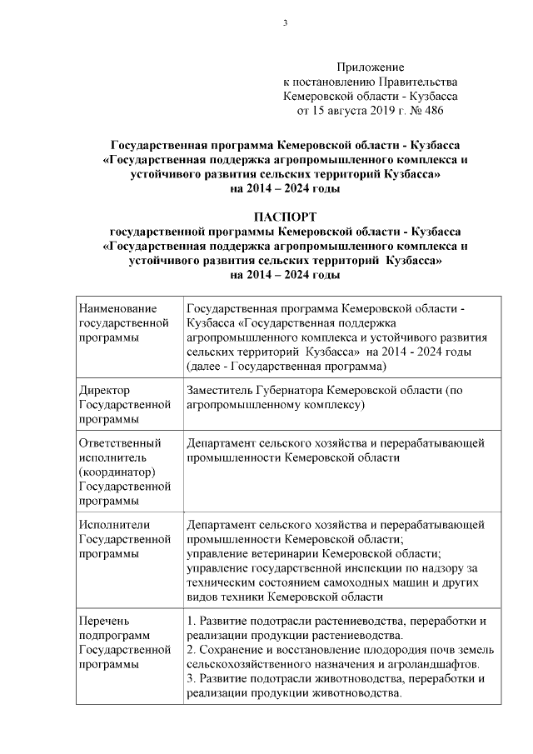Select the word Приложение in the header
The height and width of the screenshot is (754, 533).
(x=370, y=67)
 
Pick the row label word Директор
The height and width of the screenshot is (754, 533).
(x=104, y=389)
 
